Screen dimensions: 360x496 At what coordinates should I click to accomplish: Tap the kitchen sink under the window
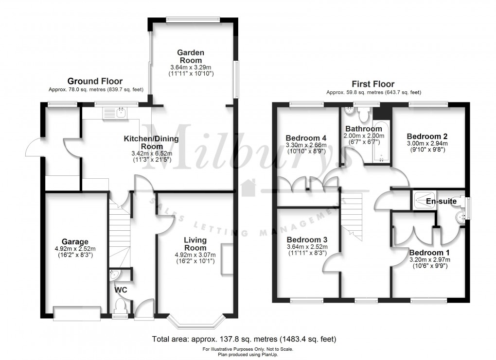point(116,113)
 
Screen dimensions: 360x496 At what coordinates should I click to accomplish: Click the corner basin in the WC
point(114,275)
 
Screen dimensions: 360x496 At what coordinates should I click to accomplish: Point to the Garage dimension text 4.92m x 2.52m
point(75,249)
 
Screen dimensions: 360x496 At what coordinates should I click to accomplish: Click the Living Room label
point(195,244)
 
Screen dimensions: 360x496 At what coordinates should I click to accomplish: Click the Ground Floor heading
point(95,81)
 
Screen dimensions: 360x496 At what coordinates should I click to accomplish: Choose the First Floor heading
point(373,84)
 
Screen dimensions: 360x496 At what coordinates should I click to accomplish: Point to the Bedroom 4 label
point(306,138)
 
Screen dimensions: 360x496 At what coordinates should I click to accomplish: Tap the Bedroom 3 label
point(307,240)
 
